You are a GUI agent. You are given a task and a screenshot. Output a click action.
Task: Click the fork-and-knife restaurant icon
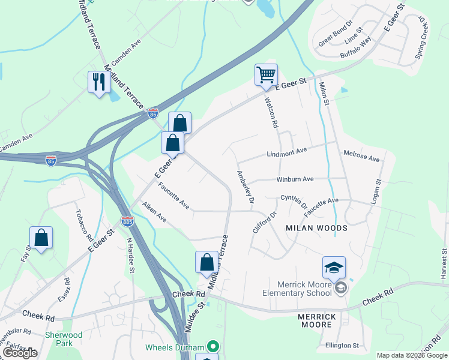point(98,82)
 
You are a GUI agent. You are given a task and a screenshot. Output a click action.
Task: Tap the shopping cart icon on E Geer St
point(266,75)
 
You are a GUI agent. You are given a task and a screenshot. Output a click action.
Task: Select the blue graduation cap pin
point(334,267)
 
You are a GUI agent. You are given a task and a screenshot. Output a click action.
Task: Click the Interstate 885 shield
point(127,221)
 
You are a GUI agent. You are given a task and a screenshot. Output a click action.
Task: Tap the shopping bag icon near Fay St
point(41,238)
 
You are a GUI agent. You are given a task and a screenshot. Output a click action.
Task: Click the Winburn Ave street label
point(295,179)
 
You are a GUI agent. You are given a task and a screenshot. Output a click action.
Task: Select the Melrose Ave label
point(361,157)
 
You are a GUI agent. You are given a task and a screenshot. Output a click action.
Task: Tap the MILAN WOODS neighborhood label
point(316,228)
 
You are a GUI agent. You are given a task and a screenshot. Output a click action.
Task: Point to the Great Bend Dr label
point(340,35)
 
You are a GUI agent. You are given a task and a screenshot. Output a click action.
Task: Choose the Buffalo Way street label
point(355,48)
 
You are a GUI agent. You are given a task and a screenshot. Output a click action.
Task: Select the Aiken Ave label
point(154,212)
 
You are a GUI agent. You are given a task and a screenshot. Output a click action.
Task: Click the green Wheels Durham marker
point(212,347)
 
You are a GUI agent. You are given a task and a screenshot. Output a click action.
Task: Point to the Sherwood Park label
point(63,338)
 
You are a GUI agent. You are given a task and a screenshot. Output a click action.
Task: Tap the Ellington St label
point(342,346)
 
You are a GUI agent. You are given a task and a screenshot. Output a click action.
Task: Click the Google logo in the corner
point(20,353)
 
